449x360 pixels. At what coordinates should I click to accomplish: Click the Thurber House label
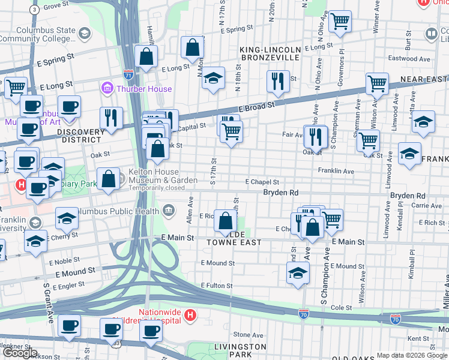click(144, 89)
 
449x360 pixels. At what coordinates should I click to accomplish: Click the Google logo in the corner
click(20, 353)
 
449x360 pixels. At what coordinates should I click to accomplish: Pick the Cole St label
click(340, 307)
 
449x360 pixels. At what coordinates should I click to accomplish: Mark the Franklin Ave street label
click(336, 171)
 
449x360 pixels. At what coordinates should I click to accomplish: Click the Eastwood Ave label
click(409, 59)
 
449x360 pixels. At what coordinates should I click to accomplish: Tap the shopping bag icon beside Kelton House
click(108, 179)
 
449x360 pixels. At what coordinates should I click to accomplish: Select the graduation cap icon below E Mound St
click(298, 273)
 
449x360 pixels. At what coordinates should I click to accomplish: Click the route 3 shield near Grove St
click(35, 10)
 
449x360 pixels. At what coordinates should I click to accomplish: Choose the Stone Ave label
click(244, 335)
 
